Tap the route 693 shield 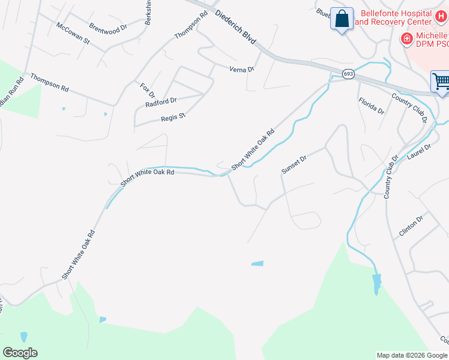[x=349, y=73]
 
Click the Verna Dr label [x=243, y=70]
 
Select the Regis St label [x=173, y=117]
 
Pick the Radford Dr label [x=161, y=103]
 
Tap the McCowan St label [x=73, y=34]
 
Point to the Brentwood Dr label [x=108, y=28]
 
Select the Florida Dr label [x=371, y=106]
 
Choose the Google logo [x=20, y=353]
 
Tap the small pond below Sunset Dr [x=257, y=263]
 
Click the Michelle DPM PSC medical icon [x=406, y=38]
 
